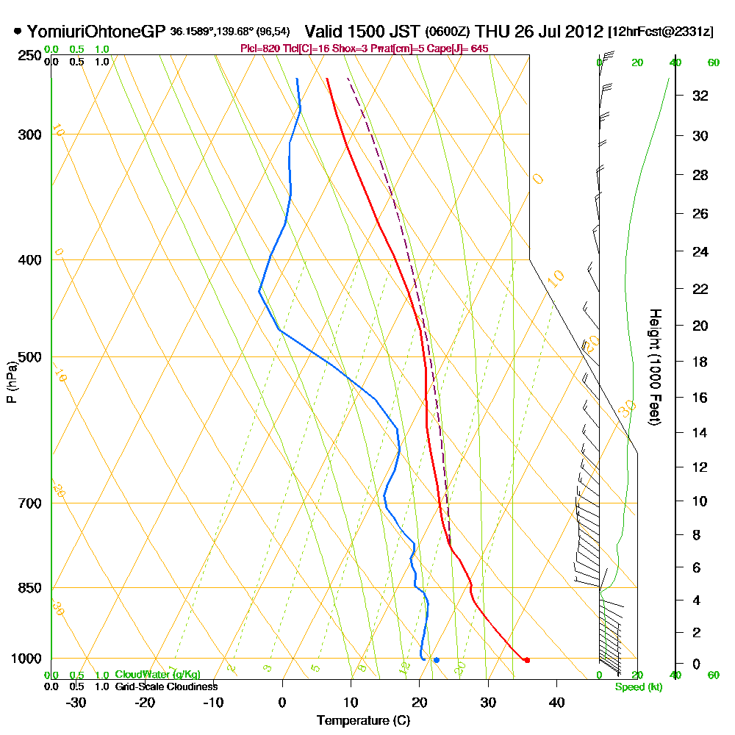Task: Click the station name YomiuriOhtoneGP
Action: point(96,32)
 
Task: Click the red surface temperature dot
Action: point(527,660)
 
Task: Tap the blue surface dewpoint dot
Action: point(437,660)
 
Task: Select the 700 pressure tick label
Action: point(27,503)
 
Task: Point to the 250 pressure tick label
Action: point(27,56)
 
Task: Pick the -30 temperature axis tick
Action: point(76,702)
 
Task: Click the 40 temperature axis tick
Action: point(556,702)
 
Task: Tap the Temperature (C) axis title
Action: point(363,721)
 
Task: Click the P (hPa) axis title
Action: point(11,381)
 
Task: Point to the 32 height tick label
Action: point(700,96)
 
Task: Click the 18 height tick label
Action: point(700,362)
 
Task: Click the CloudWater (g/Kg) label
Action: point(157,675)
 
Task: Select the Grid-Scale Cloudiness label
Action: point(165,686)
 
